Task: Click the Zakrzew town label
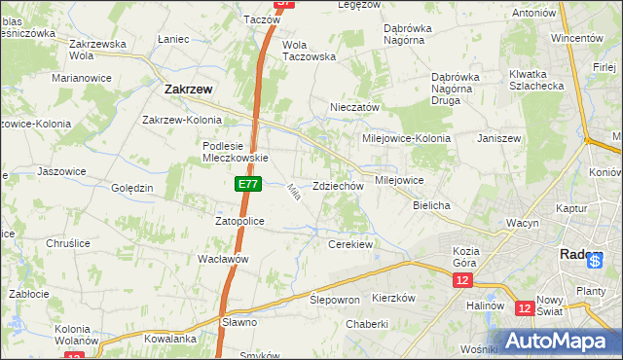(183, 89)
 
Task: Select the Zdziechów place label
(339, 186)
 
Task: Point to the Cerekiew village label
(351, 244)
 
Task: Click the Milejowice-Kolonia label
(406, 138)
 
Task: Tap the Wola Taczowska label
(308, 51)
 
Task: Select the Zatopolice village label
(239, 221)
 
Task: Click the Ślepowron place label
(335, 300)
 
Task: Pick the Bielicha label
(431, 206)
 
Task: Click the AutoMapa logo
(558, 341)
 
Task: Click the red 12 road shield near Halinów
(525, 308)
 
